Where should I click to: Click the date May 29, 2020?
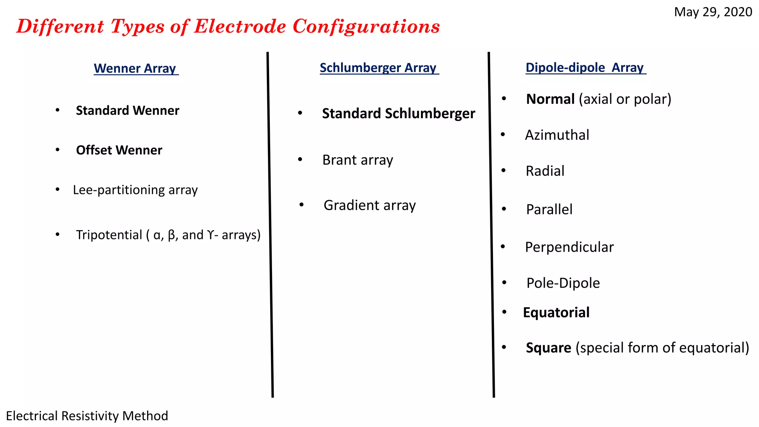713,12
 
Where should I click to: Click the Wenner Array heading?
135,69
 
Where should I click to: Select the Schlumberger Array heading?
378,68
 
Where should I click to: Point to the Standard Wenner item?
127,110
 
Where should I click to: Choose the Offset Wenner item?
119,150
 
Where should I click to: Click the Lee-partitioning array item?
135,190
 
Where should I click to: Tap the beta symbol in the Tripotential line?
171,235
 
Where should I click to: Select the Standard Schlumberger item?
398,113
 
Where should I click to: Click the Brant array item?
358,160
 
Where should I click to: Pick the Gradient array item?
369,205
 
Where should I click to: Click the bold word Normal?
550,99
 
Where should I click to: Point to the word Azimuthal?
557,135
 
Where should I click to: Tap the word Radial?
545,171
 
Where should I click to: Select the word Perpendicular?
569,247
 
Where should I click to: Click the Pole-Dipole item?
563,283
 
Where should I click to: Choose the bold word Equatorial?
556,313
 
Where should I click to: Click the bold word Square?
548,348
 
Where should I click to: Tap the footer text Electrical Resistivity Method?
87,416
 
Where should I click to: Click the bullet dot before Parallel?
504,209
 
